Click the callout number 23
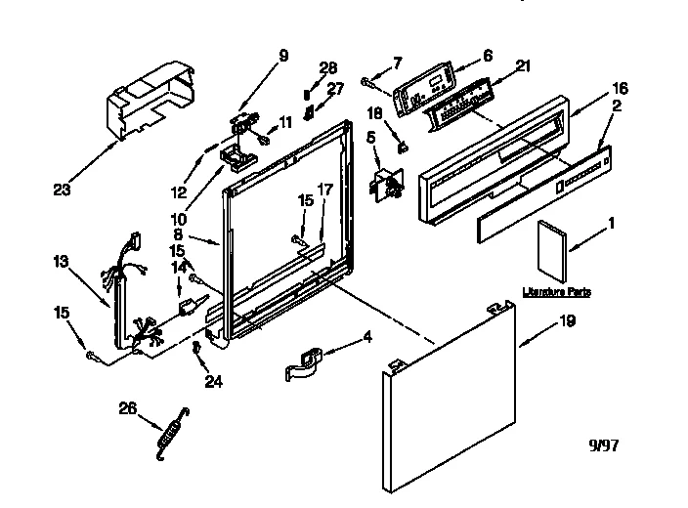pos(62,190)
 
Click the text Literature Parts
pos(557,292)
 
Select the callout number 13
pos(61,262)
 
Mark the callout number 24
pos(212,382)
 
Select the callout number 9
pos(283,56)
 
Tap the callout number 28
pos(328,67)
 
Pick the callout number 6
pos(487,56)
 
